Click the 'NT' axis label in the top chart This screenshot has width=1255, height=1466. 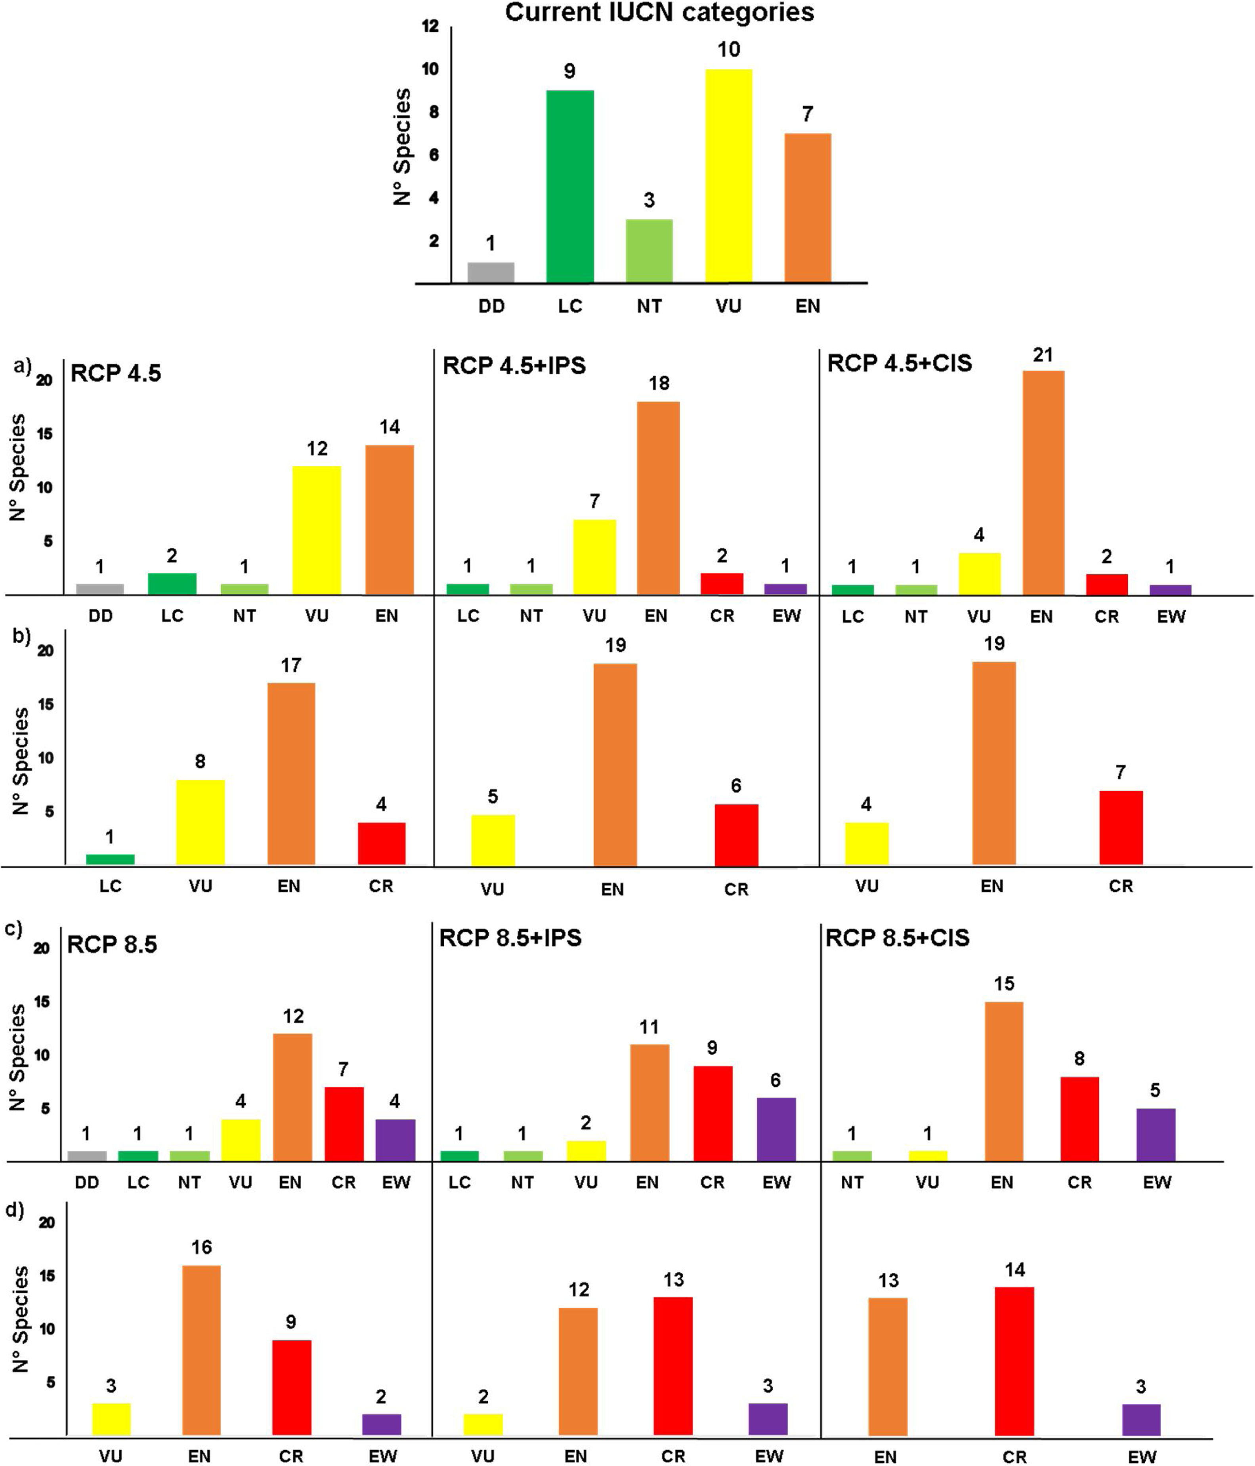649,307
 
